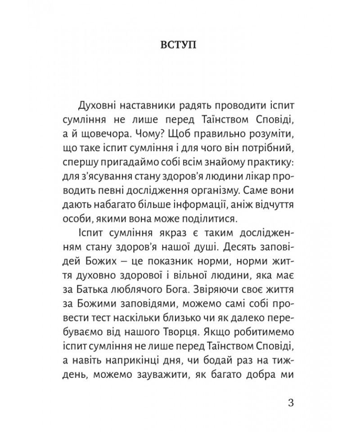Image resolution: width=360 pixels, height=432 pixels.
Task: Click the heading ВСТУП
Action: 179,46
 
